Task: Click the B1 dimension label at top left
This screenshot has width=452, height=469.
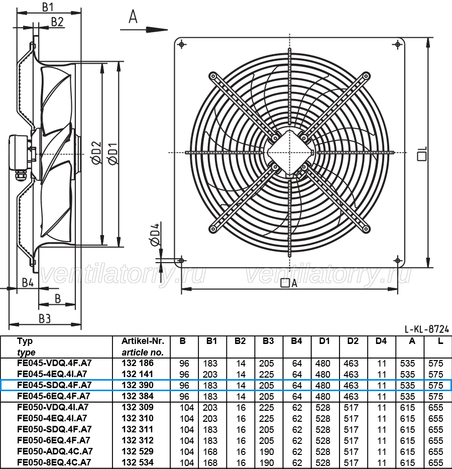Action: pyautogui.click(x=48, y=7)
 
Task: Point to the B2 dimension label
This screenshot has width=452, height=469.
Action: pyautogui.click(x=57, y=22)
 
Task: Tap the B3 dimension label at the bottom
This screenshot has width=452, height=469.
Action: pyautogui.click(x=45, y=318)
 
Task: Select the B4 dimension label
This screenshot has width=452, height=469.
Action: pyautogui.click(x=28, y=283)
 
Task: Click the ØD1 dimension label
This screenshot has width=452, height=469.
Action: pyautogui.click(x=114, y=153)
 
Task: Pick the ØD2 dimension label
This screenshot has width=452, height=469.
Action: pyautogui.click(x=97, y=153)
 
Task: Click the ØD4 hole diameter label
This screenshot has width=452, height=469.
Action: pyautogui.click(x=155, y=234)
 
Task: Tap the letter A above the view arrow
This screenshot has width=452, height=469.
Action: pyautogui.click(x=133, y=17)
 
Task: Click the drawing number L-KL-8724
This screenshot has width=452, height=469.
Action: pyautogui.click(x=427, y=329)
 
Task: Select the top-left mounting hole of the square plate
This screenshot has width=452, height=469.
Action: pyautogui.click(x=182, y=45)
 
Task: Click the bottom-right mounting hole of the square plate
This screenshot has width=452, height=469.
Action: pyautogui.click(x=398, y=260)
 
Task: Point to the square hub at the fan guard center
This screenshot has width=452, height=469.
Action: pyautogui.click(x=290, y=153)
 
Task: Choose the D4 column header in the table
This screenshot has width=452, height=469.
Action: pyautogui.click(x=381, y=341)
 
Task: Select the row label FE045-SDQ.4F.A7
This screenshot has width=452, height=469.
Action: pyautogui.click(x=54, y=385)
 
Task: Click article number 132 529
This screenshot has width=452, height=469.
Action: pyautogui.click(x=138, y=451)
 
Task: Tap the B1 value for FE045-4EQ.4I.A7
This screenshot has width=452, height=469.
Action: pyautogui.click(x=210, y=375)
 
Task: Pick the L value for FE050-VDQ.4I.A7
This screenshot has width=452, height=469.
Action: pyautogui.click(x=435, y=408)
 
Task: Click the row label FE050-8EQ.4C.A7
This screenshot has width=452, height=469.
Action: pyautogui.click(x=54, y=462)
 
